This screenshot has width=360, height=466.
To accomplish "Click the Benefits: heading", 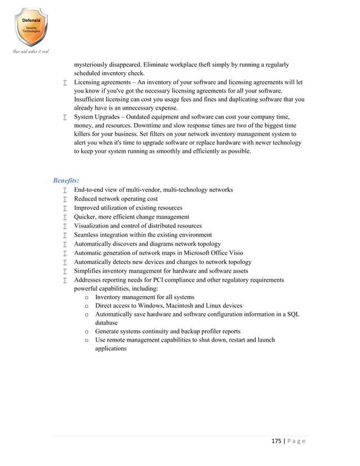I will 66,181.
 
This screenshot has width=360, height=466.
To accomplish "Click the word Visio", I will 234,253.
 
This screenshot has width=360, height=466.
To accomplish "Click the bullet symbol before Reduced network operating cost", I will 65,199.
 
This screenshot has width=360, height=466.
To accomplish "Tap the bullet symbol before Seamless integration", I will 65,235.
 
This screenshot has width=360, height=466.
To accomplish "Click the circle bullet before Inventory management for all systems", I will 86,297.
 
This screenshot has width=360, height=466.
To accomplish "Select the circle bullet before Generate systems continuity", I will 86,332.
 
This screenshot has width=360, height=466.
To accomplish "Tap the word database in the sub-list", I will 109,323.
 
